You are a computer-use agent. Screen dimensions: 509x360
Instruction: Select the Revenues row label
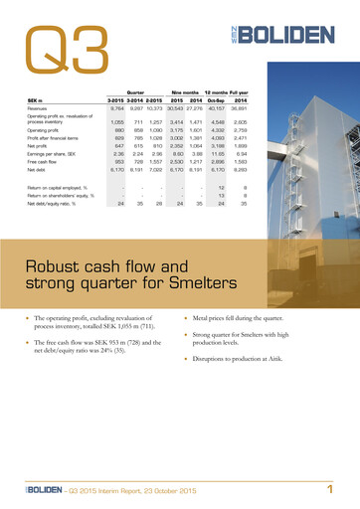[x=42, y=108]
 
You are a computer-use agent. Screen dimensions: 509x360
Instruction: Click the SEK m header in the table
[x=38, y=100]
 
